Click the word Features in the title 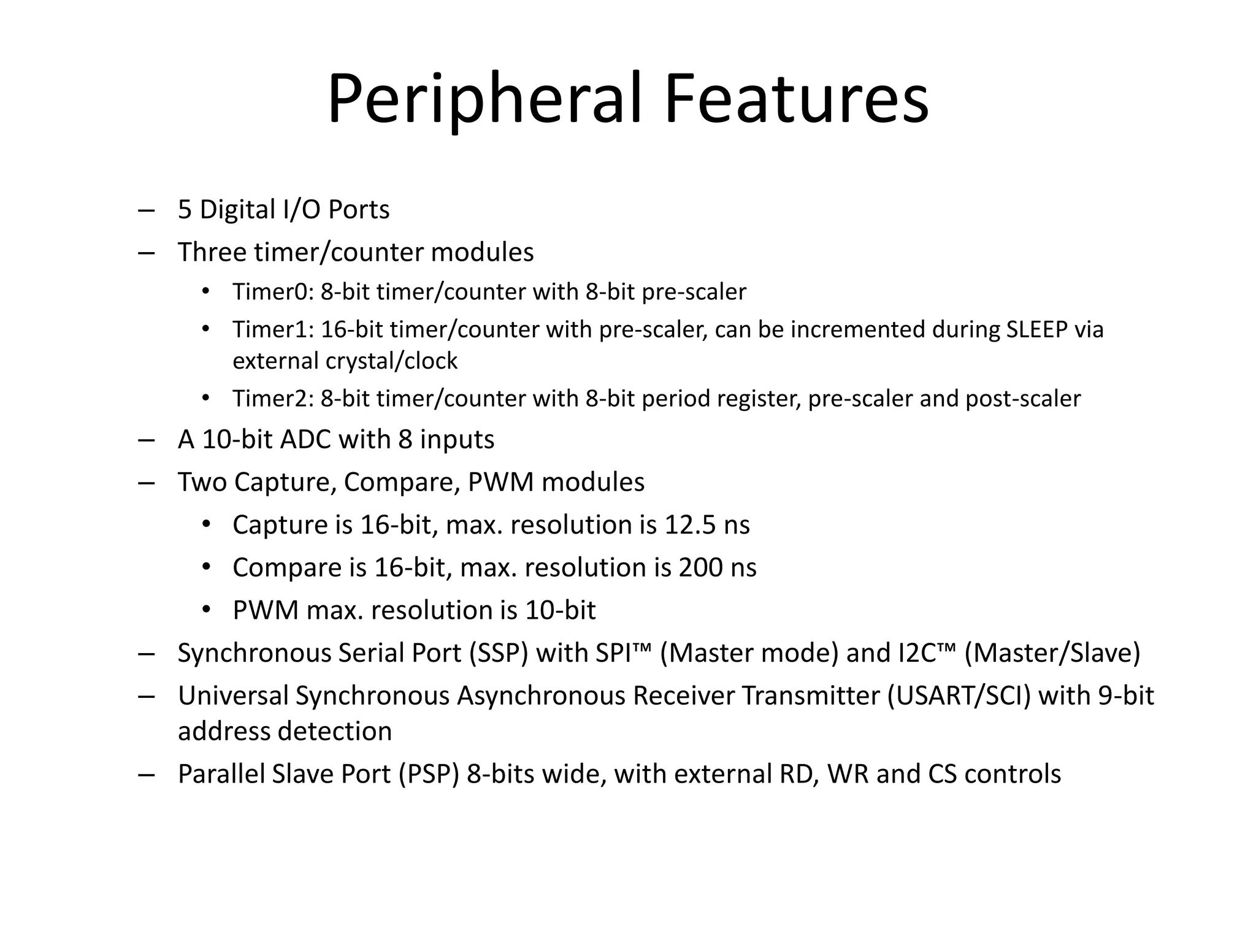tap(796, 99)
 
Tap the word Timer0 tap(272, 292)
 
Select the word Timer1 tap(272, 330)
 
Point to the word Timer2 tap(272, 399)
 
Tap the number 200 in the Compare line tap(700, 568)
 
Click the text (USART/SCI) tap(959, 696)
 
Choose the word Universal tap(233, 696)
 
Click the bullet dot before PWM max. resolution tap(206, 610)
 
